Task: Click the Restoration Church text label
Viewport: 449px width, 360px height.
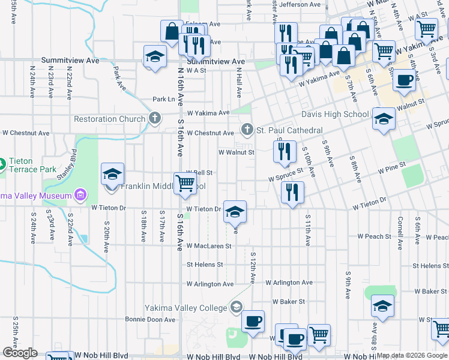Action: (109, 119)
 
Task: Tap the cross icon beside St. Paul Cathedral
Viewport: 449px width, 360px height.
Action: (247, 130)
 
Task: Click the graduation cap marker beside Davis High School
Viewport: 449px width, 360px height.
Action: (384, 119)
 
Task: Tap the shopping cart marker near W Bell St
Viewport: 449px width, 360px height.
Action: (185, 184)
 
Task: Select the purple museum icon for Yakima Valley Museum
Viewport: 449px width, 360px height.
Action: (79, 194)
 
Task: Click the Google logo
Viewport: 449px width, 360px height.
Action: (20, 353)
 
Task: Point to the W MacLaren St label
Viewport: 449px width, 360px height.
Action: (208, 246)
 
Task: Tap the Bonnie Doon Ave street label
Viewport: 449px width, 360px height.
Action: (150, 320)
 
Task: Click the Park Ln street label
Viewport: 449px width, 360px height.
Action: (163, 99)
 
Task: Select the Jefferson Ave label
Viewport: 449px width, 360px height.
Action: (301, 4)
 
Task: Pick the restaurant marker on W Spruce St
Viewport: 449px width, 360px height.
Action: (292, 193)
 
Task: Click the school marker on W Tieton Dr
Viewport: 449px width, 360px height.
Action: (235, 211)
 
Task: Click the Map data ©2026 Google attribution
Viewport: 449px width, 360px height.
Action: (412, 355)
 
